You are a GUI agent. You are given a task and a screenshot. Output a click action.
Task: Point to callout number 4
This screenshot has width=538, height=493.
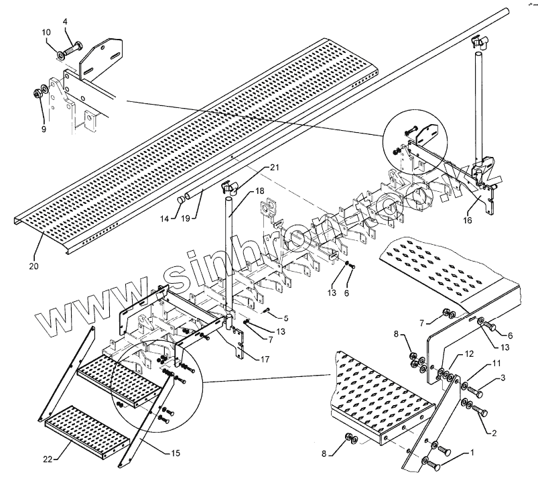(x=66, y=22)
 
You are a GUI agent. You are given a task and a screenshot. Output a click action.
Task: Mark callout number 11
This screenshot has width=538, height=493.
(x=496, y=363)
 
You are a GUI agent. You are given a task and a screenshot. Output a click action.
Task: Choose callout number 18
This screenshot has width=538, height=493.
(x=258, y=192)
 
